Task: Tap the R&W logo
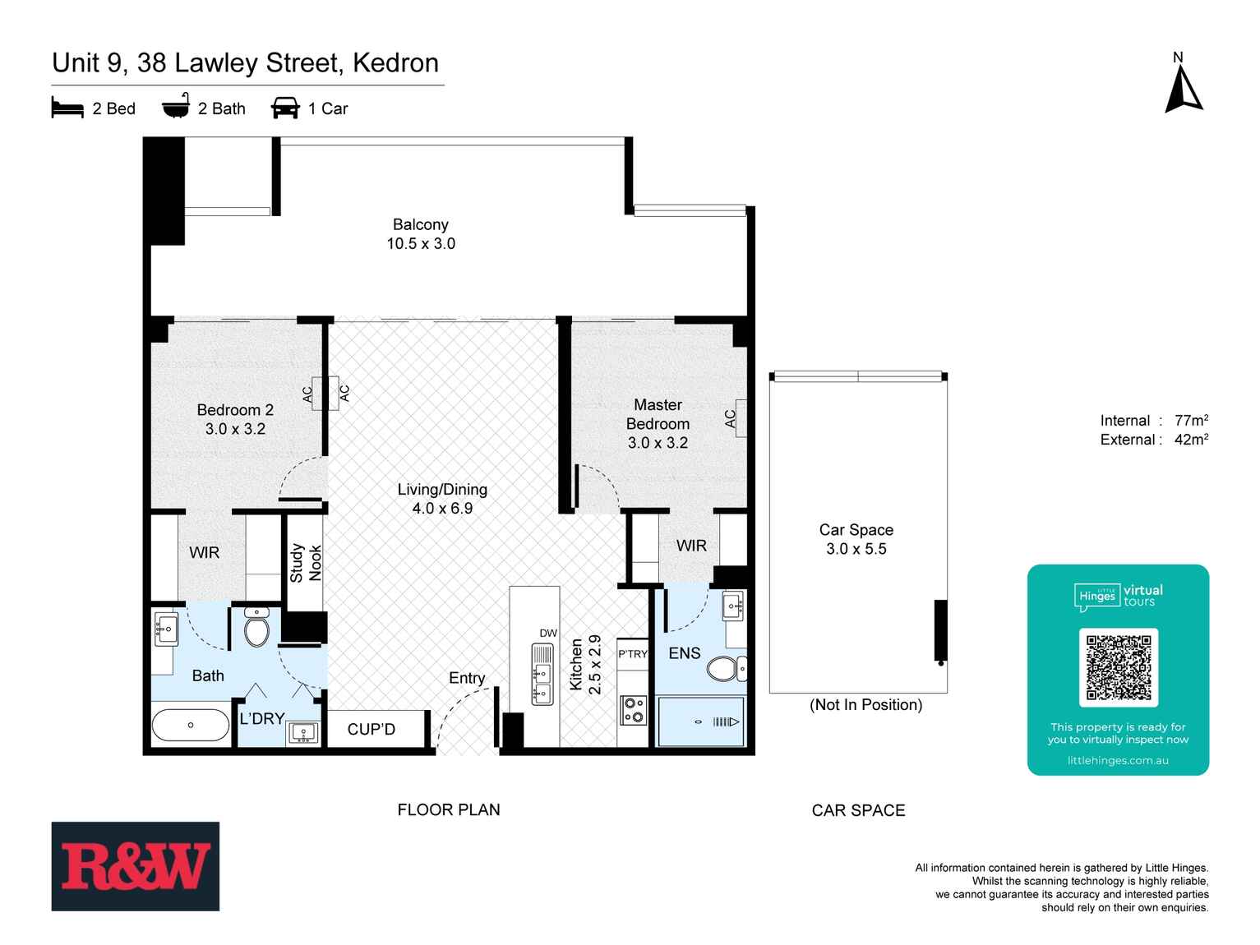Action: pyautogui.click(x=136, y=866)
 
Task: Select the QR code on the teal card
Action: pyautogui.click(x=1118, y=667)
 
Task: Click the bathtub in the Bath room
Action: pyautogui.click(x=191, y=725)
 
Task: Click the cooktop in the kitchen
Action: pyautogui.click(x=633, y=710)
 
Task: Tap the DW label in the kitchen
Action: pyautogui.click(x=548, y=633)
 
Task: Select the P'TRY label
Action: pyautogui.click(x=633, y=654)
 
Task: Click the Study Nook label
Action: pyautogui.click(x=305, y=563)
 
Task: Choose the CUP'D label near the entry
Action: pyautogui.click(x=371, y=729)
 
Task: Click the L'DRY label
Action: pyautogui.click(x=261, y=718)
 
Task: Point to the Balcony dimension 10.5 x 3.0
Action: pyautogui.click(x=421, y=244)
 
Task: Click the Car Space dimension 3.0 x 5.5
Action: pyautogui.click(x=856, y=549)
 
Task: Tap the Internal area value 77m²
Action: pyautogui.click(x=1191, y=421)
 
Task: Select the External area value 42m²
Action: pyautogui.click(x=1191, y=440)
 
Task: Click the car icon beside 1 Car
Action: pyautogui.click(x=285, y=108)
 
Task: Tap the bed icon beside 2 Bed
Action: pyautogui.click(x=67, y=108)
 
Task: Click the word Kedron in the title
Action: pyautogui.click(x=395, y=63)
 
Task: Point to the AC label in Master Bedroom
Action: pyautogui.click(x=730, y=419)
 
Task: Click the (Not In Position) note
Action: pyautogui.click(x=865, y=705)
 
